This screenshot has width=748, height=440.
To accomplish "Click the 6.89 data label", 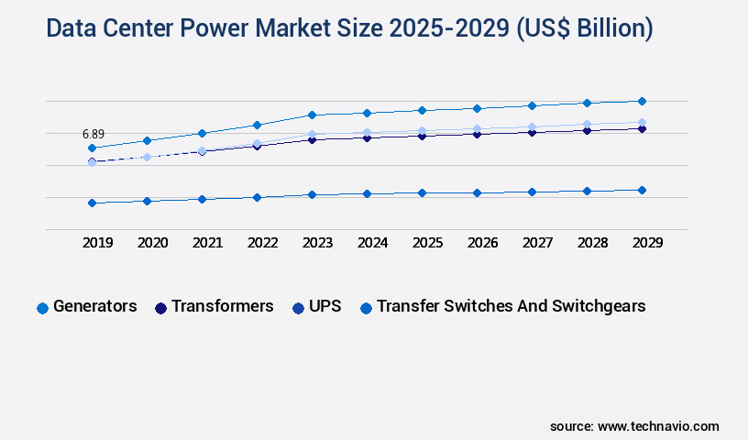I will coord(92,134).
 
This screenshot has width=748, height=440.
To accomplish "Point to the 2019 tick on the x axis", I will coord(97,243).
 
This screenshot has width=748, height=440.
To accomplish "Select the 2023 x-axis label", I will coord(317,243).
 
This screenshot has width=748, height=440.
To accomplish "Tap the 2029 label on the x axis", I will coord(647,243).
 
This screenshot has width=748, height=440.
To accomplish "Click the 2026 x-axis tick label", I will coord(482,243).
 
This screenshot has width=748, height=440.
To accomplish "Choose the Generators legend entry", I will coord(87,306).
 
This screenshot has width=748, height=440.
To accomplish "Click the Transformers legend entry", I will coord(214,306).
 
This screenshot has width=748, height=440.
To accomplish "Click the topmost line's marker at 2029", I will coord(642,101).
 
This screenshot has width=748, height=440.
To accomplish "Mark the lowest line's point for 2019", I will coord(92,203).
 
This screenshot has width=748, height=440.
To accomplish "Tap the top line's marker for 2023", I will coord(312,115).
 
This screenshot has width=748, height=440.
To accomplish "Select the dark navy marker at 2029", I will coord(642,129).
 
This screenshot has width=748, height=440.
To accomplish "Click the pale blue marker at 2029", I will coord(642,122).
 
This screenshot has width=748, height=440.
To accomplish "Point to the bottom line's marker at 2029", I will coord(642,190).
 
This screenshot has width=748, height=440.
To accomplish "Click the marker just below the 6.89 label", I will coord(92,148).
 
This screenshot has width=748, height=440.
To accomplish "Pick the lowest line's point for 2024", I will coord(367,193).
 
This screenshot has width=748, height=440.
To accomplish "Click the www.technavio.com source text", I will coord(658,426).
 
